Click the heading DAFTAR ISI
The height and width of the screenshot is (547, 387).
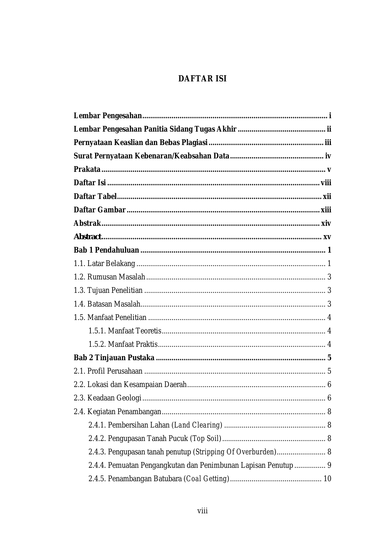(x=202, y=79)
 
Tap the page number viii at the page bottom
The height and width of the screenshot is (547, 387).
(x=202, y=511)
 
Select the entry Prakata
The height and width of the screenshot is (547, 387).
(x=87, y=169)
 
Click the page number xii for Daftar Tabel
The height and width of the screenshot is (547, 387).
(x=327, y=196)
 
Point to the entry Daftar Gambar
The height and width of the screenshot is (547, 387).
(x=99, y=210)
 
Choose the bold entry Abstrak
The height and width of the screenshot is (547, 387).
(x=87, y=223)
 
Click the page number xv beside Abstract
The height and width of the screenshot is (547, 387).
(x=327, y=237)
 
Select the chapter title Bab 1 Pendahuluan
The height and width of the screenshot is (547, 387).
(x=106, y=250)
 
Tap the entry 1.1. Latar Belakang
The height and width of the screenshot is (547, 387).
(x=104, y=264)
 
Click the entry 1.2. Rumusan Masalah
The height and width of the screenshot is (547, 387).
(x=109, y=277)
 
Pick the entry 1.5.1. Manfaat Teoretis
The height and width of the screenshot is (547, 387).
(x=125, y=331)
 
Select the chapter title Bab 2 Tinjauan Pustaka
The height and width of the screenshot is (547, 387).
(x=114, y=358)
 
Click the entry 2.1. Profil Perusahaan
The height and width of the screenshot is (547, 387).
(x=108, y=371)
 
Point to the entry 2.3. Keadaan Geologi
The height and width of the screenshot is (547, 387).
(x=108, y=398)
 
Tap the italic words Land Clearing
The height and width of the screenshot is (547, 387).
(x=198, y=425)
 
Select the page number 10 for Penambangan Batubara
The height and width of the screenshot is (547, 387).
(x=327, y=479)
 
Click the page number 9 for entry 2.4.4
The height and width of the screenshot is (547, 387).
(x=329, y=465)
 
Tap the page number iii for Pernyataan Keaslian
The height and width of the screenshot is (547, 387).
(x=328, y=143)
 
